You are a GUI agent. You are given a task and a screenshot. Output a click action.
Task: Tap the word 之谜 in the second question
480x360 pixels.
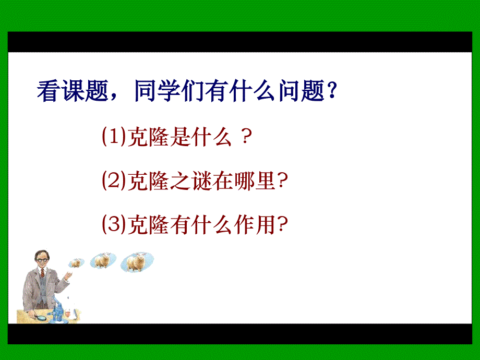pyautogui.click(x=203, y=181)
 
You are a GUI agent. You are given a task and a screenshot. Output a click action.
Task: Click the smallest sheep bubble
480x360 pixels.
pyautogui.click(x=77, y=262)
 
